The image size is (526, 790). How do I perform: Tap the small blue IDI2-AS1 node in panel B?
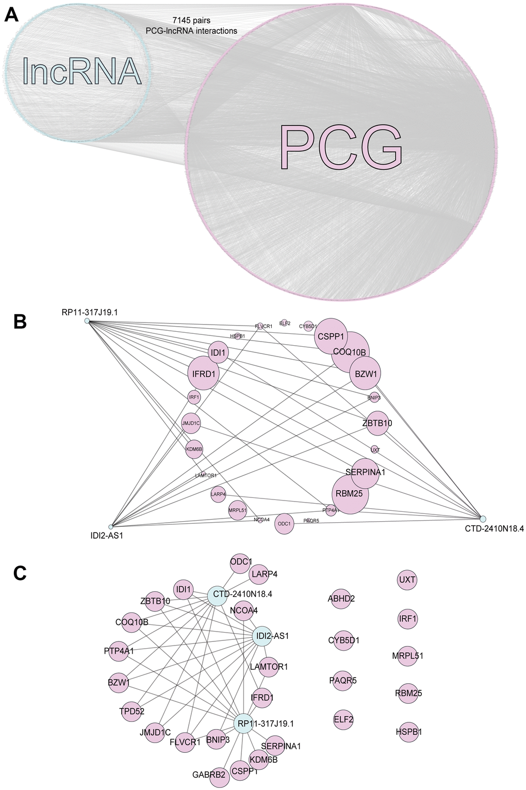click(110, 527)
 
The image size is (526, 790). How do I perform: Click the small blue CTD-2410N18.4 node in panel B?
click(483, 518)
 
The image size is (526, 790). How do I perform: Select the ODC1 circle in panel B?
click(284, 524)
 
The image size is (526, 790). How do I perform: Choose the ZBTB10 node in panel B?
click(377, 423)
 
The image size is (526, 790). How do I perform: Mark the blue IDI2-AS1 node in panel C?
click(261, 636)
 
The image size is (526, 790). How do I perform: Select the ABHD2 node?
click(341, 599)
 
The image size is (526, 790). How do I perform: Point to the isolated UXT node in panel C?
click(407, 580)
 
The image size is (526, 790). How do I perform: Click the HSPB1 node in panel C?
click(408, 732)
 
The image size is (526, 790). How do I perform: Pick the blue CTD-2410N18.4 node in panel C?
click(217, 595)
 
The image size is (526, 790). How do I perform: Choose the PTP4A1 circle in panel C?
click(119, 651)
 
